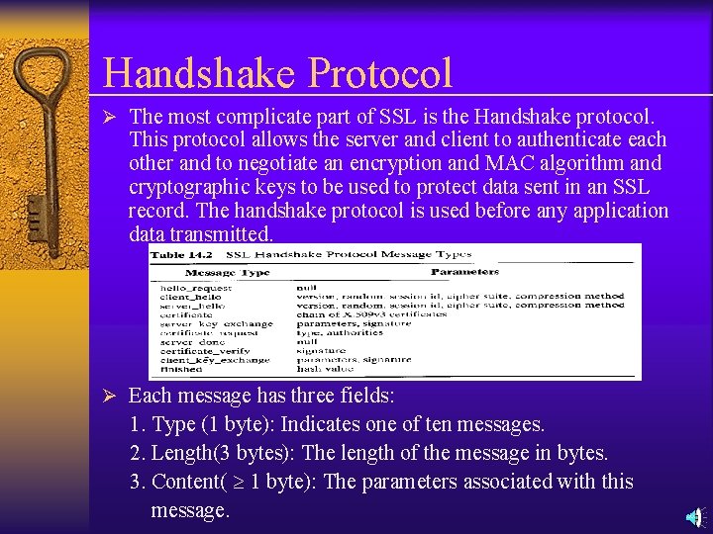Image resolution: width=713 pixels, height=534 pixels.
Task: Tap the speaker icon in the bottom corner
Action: coord(695,516)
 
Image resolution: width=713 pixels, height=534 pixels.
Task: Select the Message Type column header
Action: coord(228,272)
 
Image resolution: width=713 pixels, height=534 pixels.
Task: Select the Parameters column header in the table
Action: coord(464,271)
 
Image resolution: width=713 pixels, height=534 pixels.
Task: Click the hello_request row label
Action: coord(195,288)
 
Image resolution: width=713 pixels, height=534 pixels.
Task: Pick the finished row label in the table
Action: coord(182,369)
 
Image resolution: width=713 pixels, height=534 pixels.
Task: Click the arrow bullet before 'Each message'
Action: coord(112,396)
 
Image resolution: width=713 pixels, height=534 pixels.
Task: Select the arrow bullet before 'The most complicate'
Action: coord(112,116)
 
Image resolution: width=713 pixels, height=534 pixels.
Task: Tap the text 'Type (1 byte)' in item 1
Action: coord(213,424)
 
